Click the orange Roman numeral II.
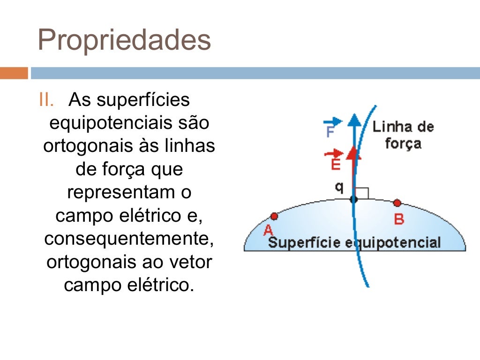pyautogui.click(x=47, y=100)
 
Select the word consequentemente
pyautogui.click(x=129, y=239)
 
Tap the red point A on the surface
pyautogui.click(x=274, y=217)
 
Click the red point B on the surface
pyautogui.click(x=397, y=203)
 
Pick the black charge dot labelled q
pyautogui.click(x=354, y=199)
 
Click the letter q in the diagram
pyautogui.click(x=339, y=187)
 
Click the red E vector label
pyautogui.click(x=335, y=160)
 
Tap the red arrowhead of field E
pyautogui.click(x=354, y=152)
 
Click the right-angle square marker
pyautogui.click(x=362, y=193)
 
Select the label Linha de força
pyautogui.click(x=403, y=135)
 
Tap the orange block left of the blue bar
pyautogui.click(x=14, y=73)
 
